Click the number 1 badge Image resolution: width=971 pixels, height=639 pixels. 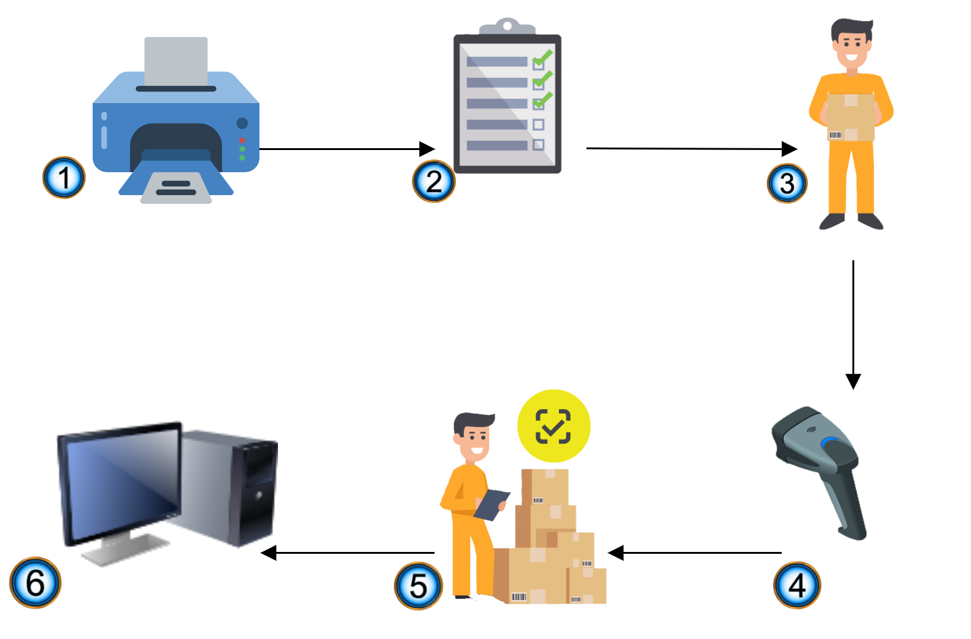pyautogui.click(x=64, y=178)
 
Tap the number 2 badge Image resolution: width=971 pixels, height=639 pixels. pyautogui.click(x=434, y=182)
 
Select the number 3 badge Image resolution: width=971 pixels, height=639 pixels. pyautogui.click(x=787, y=183)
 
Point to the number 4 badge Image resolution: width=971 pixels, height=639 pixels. pyautogui.click(x=797, y=585)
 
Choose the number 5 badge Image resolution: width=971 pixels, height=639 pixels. pyautogui.click(x=418, y=585)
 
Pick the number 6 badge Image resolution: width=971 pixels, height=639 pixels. pyautogui.click(x=35, y=582)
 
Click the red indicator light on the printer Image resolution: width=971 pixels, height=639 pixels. pyautogui.click(x=242, y=140)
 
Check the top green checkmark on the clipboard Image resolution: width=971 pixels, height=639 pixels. pyautogui.click(x=542, y=59)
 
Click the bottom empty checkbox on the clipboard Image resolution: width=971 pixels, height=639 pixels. pyautogui.click(x=538, y=144)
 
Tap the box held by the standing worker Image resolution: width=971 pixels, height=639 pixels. pyautogui.click(x=851, y=117)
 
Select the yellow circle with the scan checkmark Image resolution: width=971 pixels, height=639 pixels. pyautogui.click(x=553, y=426)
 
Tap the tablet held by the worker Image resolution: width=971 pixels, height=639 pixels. pyautogui.click(x=492, y=504)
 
